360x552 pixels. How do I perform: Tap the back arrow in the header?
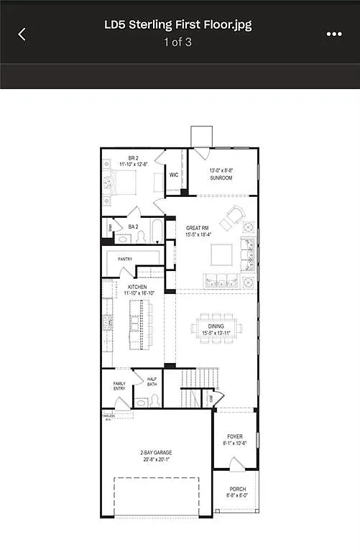(x=22, y=34)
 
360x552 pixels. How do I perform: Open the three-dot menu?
(x=333, y=34)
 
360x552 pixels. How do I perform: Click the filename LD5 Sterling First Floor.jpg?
(x=179, y=25)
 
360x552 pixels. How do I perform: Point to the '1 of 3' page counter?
(x=179, y=42)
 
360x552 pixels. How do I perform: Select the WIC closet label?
(x=174, y=175)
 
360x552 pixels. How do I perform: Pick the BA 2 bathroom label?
(x=133, y=226)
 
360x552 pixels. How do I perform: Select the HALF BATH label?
(x=152, y=382)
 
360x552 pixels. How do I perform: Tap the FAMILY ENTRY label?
(x=119, y=386)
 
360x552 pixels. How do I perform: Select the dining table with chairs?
(x=216, y=327)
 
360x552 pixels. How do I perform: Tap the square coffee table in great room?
(x=221, y=254)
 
